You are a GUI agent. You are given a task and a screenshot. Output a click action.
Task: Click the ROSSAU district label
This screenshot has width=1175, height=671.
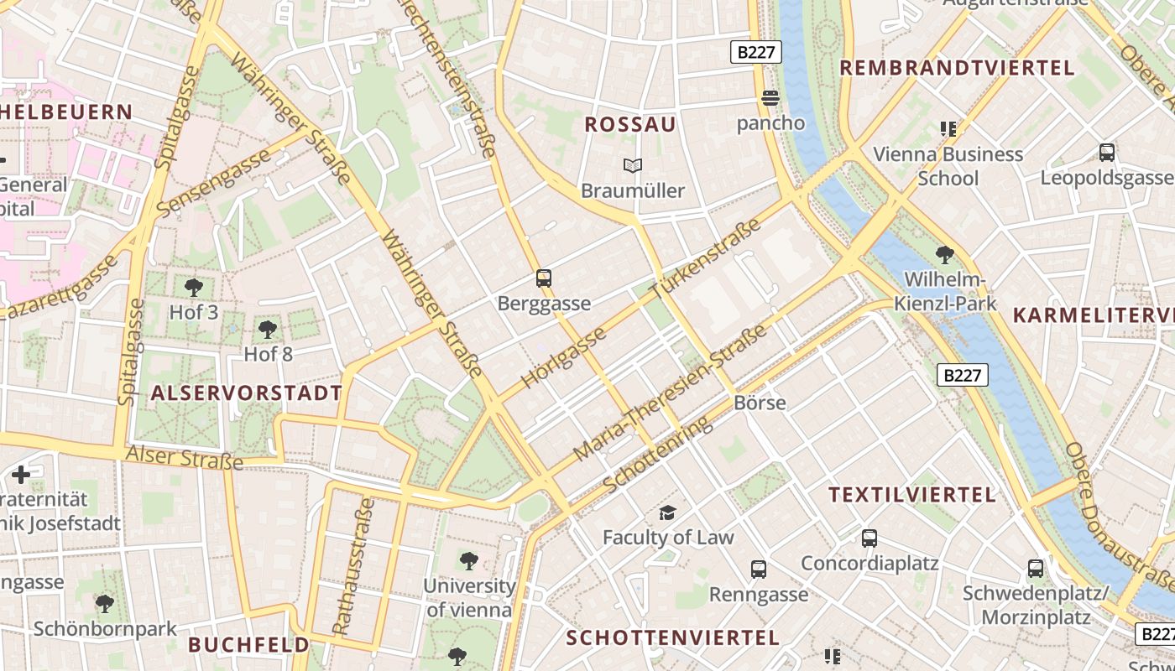629,124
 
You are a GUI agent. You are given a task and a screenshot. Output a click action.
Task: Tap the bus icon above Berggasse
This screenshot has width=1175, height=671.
544,278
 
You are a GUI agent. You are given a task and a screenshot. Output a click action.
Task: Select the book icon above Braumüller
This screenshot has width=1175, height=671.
633,166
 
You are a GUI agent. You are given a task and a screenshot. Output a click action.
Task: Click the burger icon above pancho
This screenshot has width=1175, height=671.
770,98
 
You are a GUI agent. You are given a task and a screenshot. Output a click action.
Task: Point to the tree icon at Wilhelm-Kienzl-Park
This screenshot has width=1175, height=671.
945,255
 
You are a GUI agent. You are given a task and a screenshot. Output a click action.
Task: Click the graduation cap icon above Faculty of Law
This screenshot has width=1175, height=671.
667,512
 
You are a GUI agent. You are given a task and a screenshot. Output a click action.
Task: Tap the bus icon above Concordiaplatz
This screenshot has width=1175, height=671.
869,538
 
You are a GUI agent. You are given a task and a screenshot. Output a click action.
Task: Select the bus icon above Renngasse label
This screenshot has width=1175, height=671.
759,570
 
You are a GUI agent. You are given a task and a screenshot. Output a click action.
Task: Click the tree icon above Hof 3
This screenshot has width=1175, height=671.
194,288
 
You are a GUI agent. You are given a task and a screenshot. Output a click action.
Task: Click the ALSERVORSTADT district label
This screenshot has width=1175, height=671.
247,393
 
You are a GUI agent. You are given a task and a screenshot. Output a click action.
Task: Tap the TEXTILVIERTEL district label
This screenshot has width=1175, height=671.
912,495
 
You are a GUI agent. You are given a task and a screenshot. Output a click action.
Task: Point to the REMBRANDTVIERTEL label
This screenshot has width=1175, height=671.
957,68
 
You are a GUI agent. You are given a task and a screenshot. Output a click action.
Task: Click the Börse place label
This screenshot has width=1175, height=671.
760,403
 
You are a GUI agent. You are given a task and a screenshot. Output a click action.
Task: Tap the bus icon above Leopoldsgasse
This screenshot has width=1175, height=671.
1107,153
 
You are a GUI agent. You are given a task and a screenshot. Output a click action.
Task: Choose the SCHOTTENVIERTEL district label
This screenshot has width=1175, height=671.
673,637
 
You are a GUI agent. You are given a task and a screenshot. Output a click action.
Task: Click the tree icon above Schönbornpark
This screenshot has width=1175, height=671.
105,603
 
